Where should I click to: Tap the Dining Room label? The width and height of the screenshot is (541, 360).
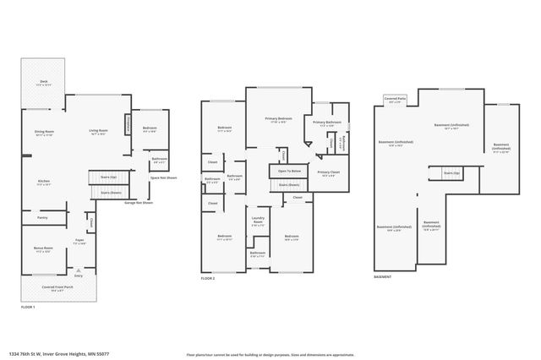coord(44,133)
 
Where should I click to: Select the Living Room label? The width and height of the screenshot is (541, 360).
coord(99,131)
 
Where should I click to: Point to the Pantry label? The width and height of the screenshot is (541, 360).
coord(42,218)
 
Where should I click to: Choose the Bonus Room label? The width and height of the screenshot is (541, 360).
coord(42,249)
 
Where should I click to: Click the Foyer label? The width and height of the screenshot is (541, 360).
coord(79,241)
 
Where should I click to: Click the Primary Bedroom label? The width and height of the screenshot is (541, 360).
coord(278,119)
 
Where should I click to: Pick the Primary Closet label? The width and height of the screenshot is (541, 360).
coord(329,173)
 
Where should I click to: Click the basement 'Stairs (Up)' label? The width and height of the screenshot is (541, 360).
coord(451,172)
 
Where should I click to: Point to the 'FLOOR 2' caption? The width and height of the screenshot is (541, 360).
coord(208,278)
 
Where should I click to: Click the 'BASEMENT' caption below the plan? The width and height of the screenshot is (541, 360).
coord(383,278)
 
